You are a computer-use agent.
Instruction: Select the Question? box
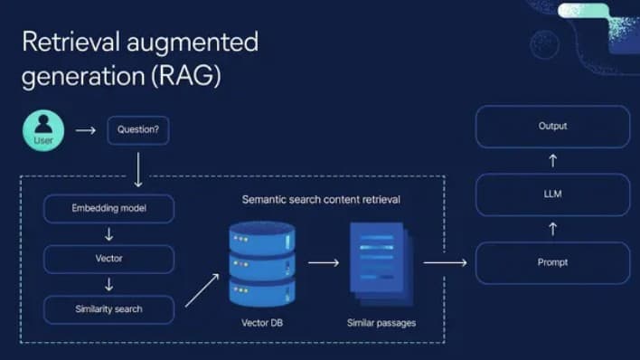pos(137,130)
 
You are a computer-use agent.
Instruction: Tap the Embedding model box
pos(108,208)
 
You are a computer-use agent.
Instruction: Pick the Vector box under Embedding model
pos(108,259)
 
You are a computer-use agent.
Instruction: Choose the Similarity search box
pos(108,309)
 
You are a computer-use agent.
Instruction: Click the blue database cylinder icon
pos(261,263)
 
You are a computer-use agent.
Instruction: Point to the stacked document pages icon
pos(377,263)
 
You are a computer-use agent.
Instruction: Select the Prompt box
pos(552,262)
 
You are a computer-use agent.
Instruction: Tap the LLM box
pos(552,194)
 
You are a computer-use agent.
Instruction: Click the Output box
pos(552,127)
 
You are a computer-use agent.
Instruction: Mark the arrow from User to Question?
pos(85,130)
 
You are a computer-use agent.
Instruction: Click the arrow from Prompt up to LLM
pos(553,228)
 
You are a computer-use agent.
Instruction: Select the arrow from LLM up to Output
pos(553,160)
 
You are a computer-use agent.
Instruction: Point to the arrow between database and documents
pos(322,263)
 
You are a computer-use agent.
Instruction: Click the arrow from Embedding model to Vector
pos(108,233)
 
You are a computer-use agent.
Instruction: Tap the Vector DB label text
pos(261,322)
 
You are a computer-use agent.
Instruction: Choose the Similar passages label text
pos(380,322)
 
